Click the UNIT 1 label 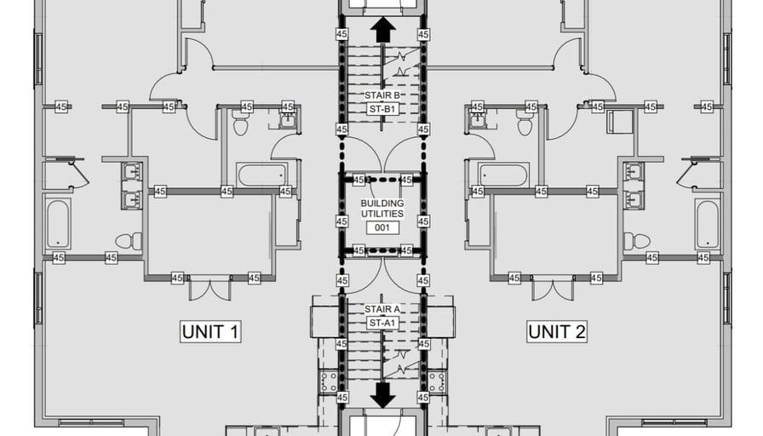pos(210,331)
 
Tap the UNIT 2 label pos(556,331)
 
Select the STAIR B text pos(382,95)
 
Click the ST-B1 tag pos(382,109)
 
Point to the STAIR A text pos(382,309)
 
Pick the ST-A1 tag pos(382,323)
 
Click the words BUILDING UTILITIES pos(382,209)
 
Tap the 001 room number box pos(382,227)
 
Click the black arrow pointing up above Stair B pos(383,30)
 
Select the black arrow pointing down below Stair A pos(383,394)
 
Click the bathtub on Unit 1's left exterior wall pos(58,223)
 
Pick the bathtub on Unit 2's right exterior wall pos(708,223)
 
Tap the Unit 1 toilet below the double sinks pos(129,241)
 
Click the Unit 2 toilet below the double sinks pos(636,241)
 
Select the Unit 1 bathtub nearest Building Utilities pos(262,175)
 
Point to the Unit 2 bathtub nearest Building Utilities pos(503,175)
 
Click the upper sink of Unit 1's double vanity pos(131,172)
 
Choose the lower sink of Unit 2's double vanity pos(634,200)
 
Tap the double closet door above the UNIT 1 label pos(209,289)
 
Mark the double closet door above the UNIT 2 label pos(554,289)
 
